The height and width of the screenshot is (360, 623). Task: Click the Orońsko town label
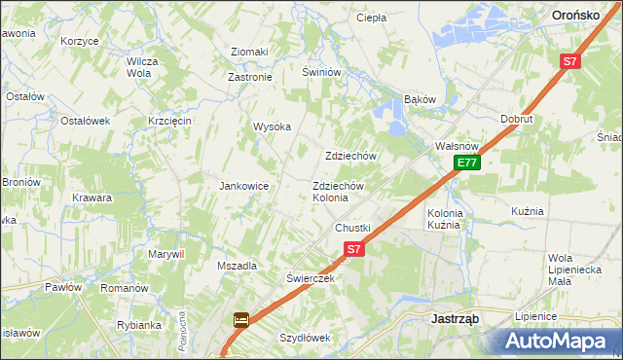(x=581, y=15)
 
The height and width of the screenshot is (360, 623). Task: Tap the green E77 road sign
(x=467, y=162)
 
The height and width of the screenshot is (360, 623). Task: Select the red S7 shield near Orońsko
(x=569, y=61)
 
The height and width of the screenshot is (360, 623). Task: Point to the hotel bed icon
(x=240, y=319)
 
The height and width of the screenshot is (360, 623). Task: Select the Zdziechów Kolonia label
(x=337, y=192)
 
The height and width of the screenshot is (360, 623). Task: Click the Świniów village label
(x=320, y=72)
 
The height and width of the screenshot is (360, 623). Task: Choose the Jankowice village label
(x=243, y=185)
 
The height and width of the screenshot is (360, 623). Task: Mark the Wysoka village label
(x=273, y=126)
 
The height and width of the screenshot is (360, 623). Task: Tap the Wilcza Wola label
(x=142, y=67)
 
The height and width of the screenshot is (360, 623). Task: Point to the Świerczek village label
(x=311, y=277)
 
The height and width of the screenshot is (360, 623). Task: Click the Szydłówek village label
(x=306, y=338)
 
